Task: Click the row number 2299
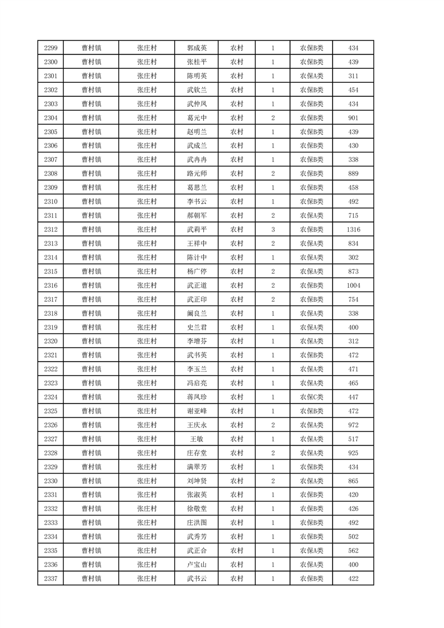tap(50, 48)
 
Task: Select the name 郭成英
tap(197, 48)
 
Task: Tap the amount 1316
tap(353, 229)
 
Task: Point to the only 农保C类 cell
tap(311, 397)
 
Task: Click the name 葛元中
tap(197, 118)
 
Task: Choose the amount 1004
tap(353, 285)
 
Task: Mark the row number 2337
tap(50, 579)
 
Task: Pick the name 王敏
tap(197, 439)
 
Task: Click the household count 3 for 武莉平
tap(272, 229)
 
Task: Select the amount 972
tap(353, 425)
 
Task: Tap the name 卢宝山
tap(197, 565)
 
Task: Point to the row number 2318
tap(50, 313)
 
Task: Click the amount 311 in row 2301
tap(353, 76)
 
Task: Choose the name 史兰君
tap(197, 327)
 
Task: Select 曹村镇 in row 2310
tap(91, 201)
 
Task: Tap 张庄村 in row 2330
tap(147, 481)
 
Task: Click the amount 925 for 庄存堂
tap(353, 453)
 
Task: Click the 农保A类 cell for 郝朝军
tap(311, 215)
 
